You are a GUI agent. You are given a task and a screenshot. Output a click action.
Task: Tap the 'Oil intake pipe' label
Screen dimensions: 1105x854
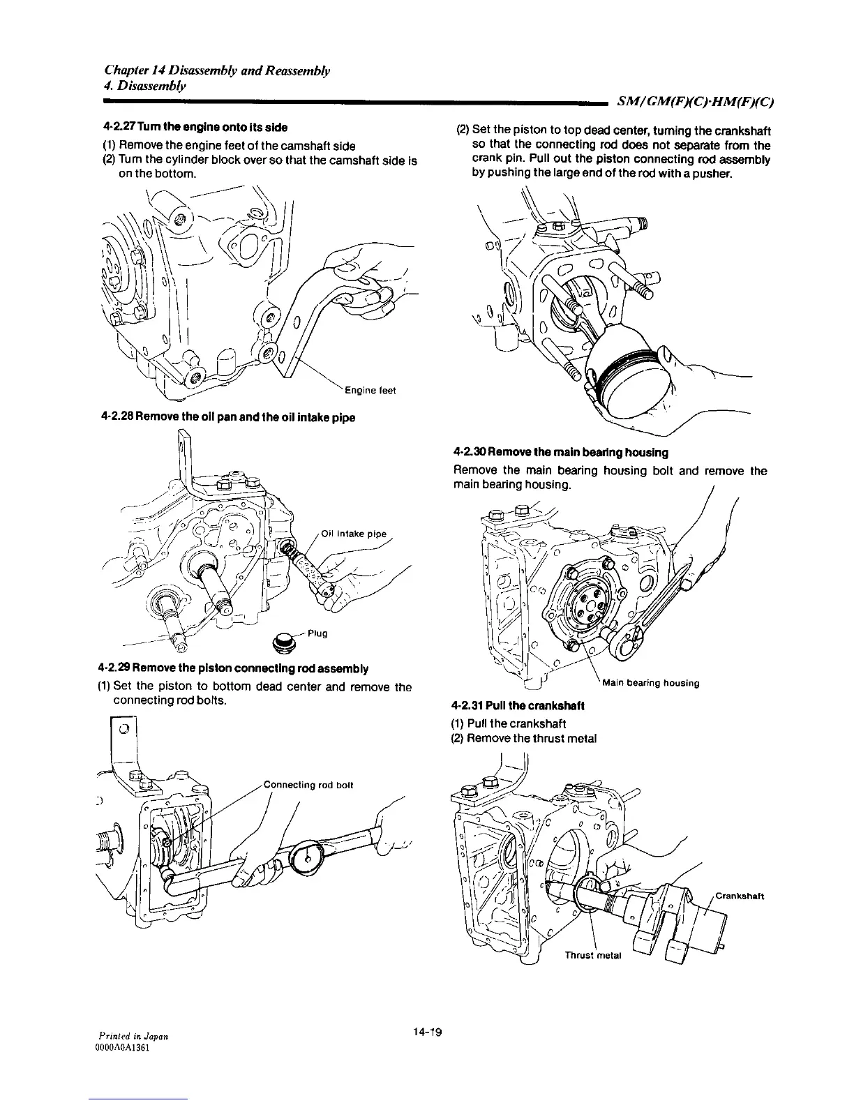354,535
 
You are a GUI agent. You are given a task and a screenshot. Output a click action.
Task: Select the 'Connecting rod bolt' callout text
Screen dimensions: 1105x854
308,785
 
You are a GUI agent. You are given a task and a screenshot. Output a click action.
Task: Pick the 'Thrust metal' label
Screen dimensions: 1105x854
592,956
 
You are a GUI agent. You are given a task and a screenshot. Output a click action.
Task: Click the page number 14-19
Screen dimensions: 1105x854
429,1032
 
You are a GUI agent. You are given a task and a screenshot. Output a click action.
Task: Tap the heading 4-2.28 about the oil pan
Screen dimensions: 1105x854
228,417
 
